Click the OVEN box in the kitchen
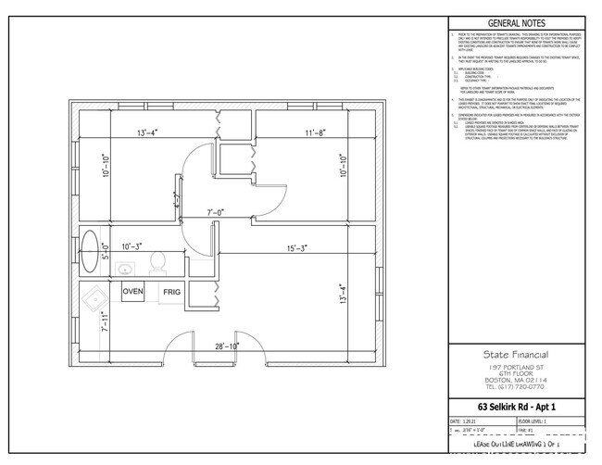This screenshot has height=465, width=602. click(132, 292)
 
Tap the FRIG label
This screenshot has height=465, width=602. click(171, 292)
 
